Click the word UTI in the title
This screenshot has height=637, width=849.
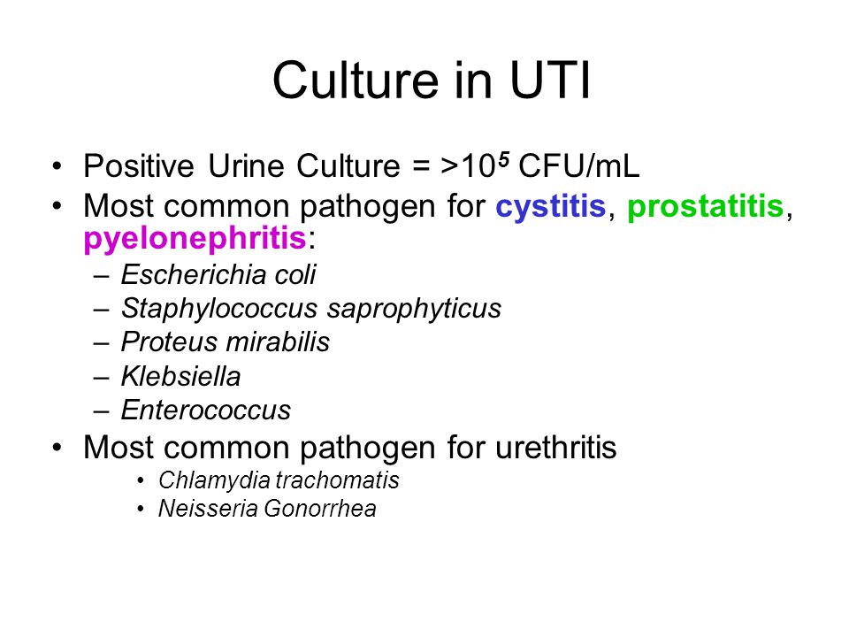tap(549, 81)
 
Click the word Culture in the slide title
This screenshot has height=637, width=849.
tap(356, 81)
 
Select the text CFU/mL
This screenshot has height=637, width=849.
tap(578, 166)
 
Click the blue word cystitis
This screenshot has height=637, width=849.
tap(551, 206)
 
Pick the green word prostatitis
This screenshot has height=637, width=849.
tap(706, 207)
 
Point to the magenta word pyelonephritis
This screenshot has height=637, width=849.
tap(195, 239)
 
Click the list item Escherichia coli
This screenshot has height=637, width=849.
tap(218, 274)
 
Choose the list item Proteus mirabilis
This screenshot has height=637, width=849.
tap(226, 342)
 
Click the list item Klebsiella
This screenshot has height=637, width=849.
tap(180, 377)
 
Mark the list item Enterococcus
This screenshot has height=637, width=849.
tap(206, 410)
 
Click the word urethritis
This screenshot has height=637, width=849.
tap(556, 448)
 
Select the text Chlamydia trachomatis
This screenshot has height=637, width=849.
tap(279, 480)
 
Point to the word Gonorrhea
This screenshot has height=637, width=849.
tap(320, 509)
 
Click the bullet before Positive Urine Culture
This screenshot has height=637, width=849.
tap(57, 166)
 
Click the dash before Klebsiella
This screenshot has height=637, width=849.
tap(101, 378)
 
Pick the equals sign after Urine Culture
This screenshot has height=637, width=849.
tap(421, 167)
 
